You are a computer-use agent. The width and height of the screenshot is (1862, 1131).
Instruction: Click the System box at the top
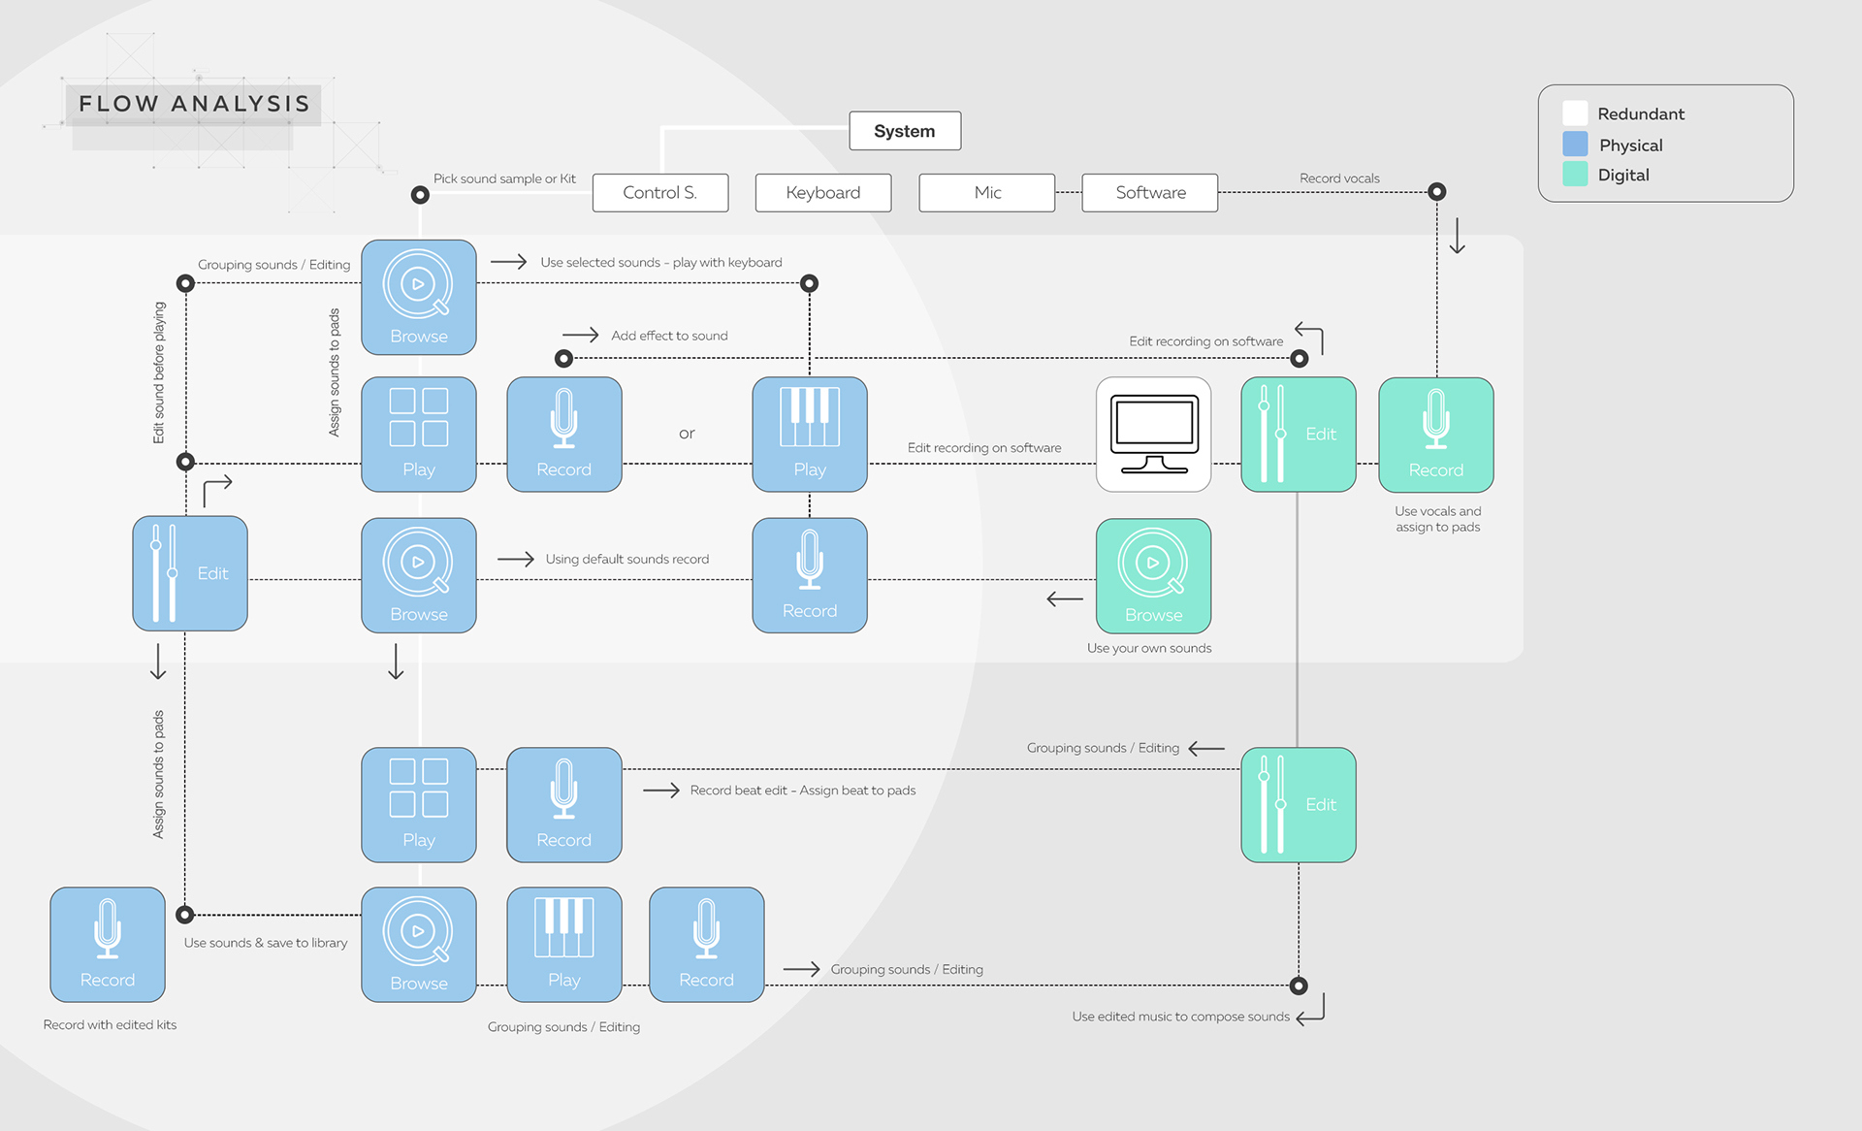tap(904, 131)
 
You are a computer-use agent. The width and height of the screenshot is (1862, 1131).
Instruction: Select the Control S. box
tap(659, 192)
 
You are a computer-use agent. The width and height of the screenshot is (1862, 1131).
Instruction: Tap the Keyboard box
tap(822, 192)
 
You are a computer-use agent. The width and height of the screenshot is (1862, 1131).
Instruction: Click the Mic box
tap(986, 192)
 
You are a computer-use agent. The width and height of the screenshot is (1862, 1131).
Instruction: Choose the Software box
tap(1149, 192)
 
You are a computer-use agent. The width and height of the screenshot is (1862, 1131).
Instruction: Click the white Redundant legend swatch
tap(1575, 113)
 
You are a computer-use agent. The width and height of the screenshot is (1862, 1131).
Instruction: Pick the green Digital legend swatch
tap(1575, 175)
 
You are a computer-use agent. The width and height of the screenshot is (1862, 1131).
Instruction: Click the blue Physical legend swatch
tap(1575, 145)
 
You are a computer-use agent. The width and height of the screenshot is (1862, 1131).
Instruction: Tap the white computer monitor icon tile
tap(1153, 435)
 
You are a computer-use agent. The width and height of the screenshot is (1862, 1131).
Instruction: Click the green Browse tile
tap(1153, 576)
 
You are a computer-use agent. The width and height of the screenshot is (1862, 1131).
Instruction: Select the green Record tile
tap(1435, 435)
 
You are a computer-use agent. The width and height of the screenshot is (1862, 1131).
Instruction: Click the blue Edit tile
tap(190, 573)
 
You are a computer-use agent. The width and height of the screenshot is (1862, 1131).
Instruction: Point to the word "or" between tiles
tap(687, 434)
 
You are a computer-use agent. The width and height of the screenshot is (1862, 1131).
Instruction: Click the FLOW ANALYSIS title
tap(194, 104)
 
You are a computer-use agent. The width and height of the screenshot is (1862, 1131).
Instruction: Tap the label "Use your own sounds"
tap(1148, 648)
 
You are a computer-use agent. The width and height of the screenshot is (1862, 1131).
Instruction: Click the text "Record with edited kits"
tap(110, 1024)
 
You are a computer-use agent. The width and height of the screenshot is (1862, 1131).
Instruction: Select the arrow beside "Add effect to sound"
tap(581, 335)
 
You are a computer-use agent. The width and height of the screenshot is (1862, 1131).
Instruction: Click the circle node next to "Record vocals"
tap(1437, 192)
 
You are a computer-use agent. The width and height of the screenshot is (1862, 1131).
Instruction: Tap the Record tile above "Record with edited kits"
tap(108, 944)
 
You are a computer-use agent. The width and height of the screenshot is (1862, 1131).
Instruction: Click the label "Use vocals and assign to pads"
tap(1437, 519)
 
